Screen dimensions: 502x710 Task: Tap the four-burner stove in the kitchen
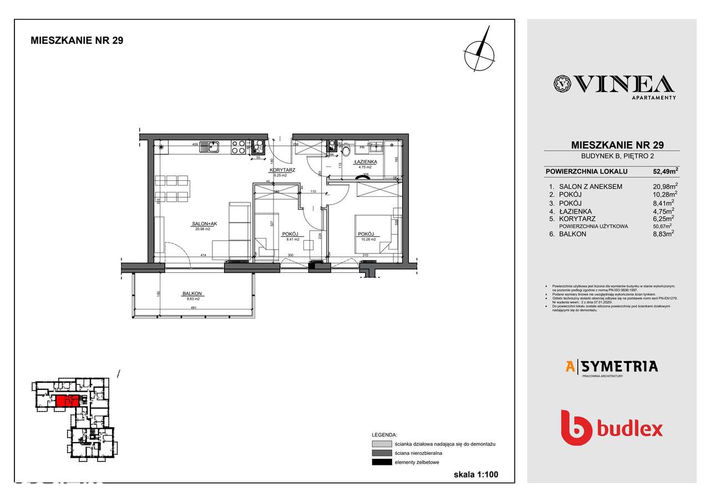click(x=239, y=147)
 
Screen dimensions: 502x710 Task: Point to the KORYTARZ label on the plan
click(x=281, y=170)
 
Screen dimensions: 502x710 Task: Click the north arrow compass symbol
click(x=480, y=49)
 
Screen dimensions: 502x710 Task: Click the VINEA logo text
click(x=613, y=84)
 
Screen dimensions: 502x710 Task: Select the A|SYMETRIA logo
click(x=611, y=366)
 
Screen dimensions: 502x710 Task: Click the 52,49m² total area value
click(x=665, y=171)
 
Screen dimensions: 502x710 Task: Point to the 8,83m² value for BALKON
click(x=665, y=234)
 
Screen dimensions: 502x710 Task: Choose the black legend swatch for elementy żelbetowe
click(x=381, y=462)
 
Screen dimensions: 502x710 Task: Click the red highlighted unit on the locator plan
click(x=66, y=400)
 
